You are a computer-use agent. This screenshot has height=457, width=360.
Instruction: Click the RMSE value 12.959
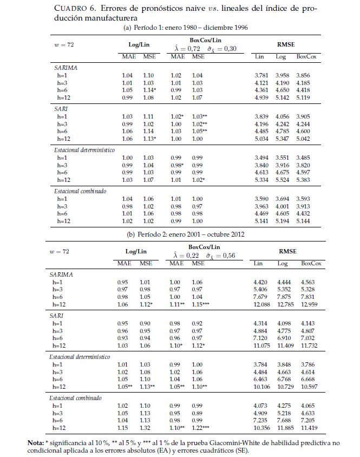tap(310, 305)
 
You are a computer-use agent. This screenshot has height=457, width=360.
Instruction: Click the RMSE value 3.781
tap(263, 75)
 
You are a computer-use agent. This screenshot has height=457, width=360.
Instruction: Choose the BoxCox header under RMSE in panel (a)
tap(306, 56)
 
